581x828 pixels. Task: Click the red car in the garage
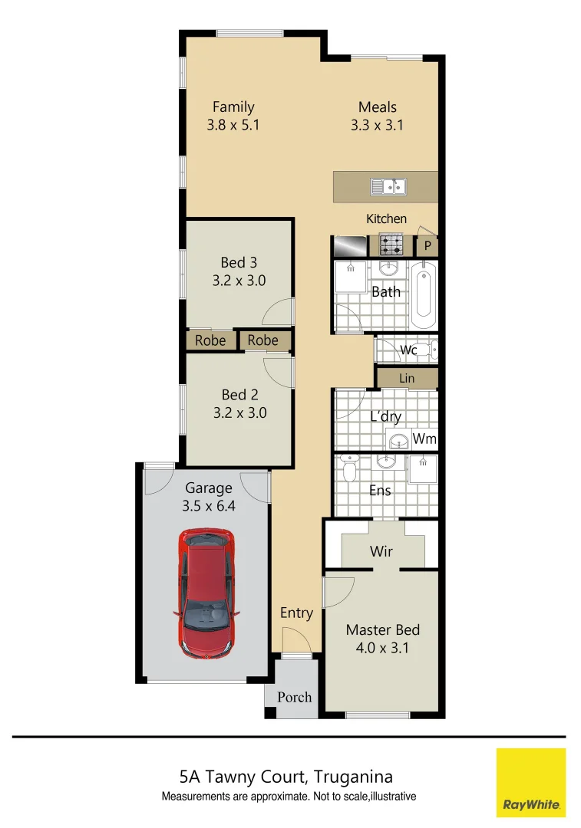coord(206,593)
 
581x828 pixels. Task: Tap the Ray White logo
coord(530,783)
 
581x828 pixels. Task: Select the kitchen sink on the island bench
coord(388,186)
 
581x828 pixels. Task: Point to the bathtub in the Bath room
coord(423,295)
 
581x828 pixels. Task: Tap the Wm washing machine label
coord(424,439)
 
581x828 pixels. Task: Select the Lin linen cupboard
coord(407,379)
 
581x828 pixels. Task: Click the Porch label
coord(295,697)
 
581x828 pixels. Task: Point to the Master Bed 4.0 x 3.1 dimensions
coord(383,647)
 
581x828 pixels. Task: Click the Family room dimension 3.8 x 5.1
coord(233,125)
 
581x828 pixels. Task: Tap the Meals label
coord(377,107)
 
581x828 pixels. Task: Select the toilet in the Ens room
coord(349,468)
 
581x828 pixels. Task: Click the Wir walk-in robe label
coord(381,551)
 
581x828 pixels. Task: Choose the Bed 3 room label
coord(239,263)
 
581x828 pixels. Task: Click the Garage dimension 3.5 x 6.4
coord(208,506)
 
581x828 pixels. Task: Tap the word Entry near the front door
coord(296,613)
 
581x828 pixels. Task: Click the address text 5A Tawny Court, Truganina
coord(286,777)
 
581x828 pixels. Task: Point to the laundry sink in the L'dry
coord(398,441)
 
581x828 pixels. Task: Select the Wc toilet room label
coord(408,350)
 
